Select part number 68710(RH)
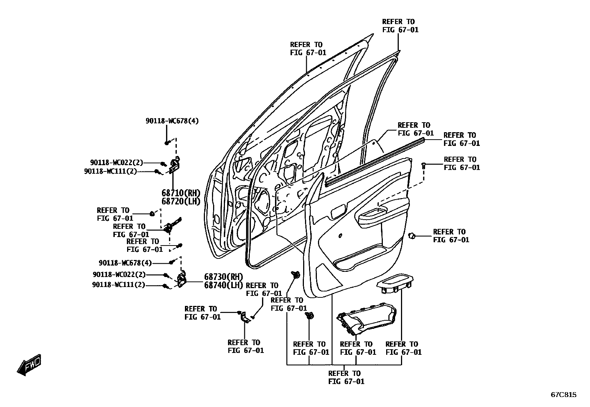point(181,193)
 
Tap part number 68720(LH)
point(181,201)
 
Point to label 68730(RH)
point(223,277)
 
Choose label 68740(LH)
point(223,285)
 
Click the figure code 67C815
point(563,395)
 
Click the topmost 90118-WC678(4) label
point(172,121)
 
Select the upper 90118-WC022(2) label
point(116,163)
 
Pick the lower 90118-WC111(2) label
point(118,285)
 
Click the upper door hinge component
point(175,166)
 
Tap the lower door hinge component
point(183,280)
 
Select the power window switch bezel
point(395,283)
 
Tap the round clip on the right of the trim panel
point(412,235)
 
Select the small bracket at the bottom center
point(245,318)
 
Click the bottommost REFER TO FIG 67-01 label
point(346,377)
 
